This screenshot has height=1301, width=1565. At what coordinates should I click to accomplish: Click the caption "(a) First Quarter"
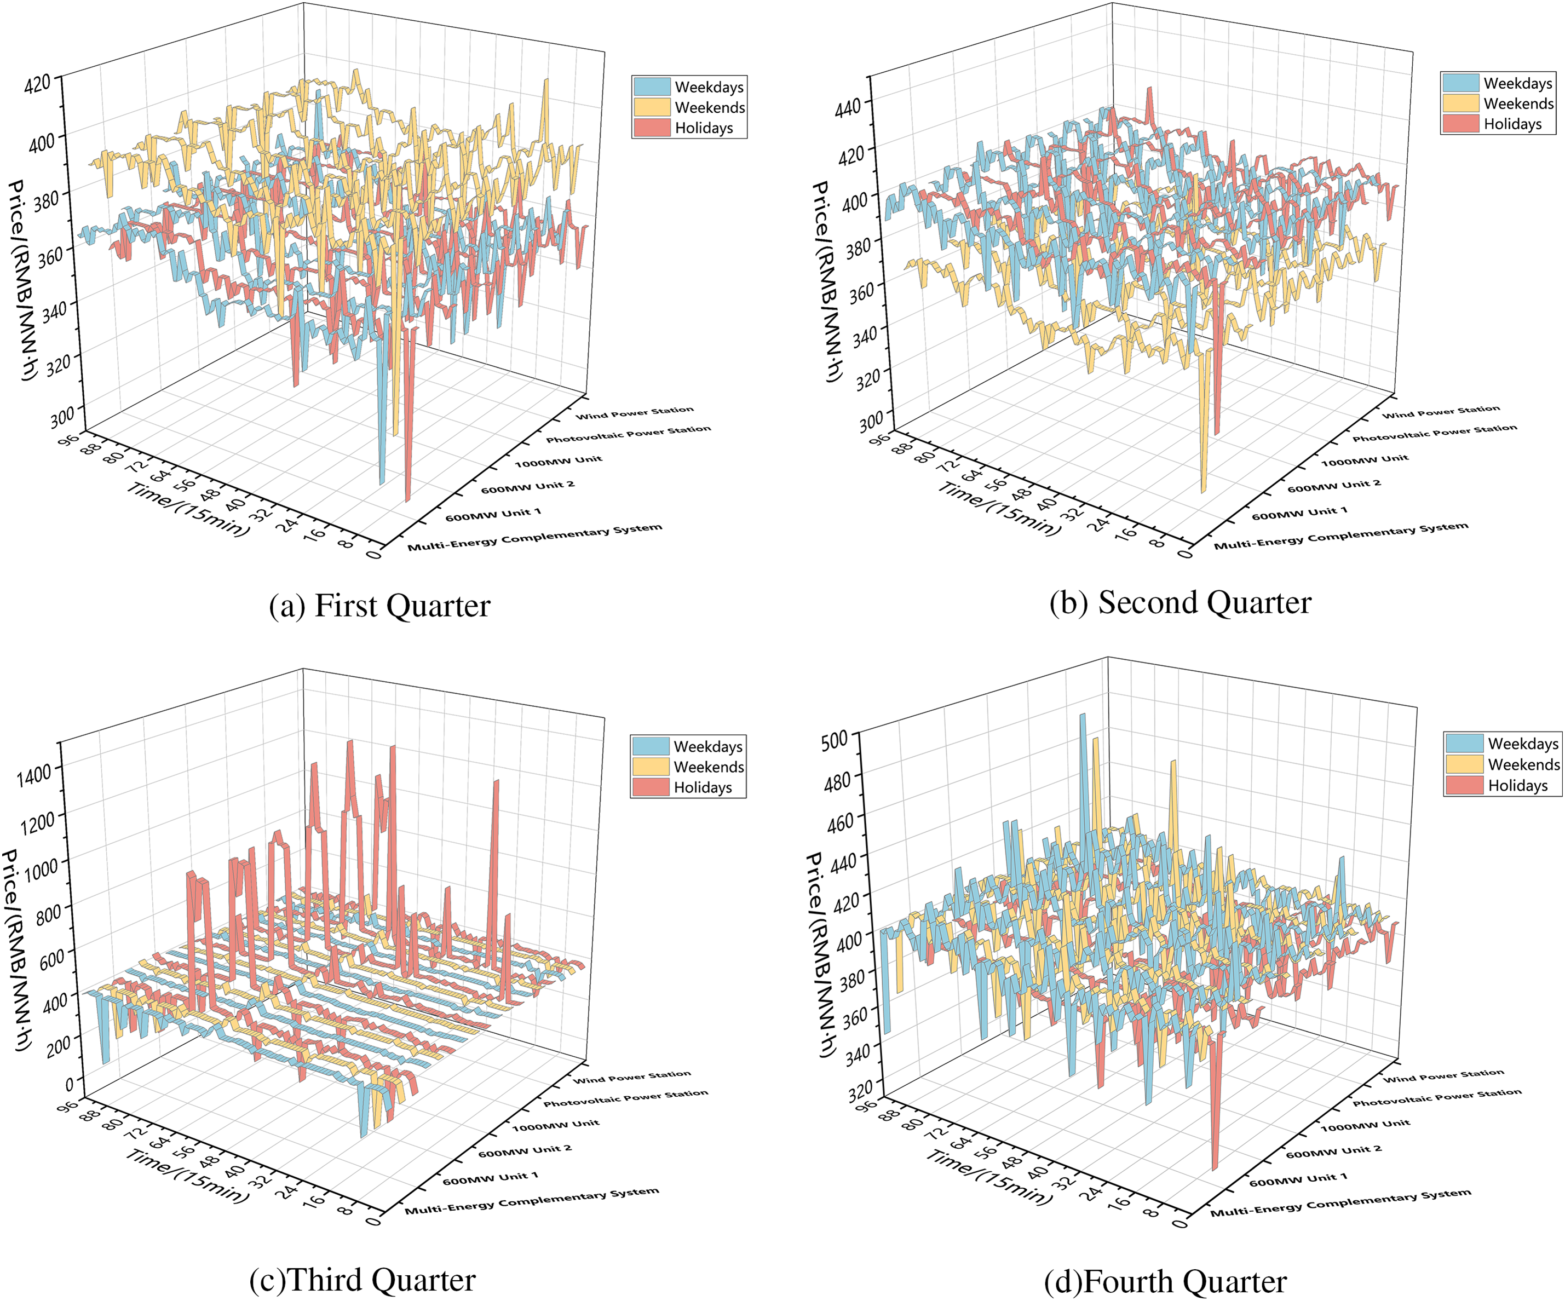point(379,606)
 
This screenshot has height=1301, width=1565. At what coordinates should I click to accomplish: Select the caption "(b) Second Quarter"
point(1179,603)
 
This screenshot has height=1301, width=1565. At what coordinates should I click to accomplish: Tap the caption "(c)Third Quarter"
point(362,1280)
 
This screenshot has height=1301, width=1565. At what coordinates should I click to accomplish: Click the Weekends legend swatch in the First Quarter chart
point(652,107)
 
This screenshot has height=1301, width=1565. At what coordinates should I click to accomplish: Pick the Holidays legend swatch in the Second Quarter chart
point(1460,124)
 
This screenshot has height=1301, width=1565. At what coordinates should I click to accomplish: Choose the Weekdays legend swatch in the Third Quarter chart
point(651,746)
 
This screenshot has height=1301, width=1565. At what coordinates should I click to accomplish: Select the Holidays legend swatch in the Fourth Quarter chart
point(1464,785)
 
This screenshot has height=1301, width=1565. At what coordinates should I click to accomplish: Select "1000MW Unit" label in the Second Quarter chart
point(1365,460)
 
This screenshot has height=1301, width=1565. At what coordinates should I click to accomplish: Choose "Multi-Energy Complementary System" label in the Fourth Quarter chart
point(1340,1202)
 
